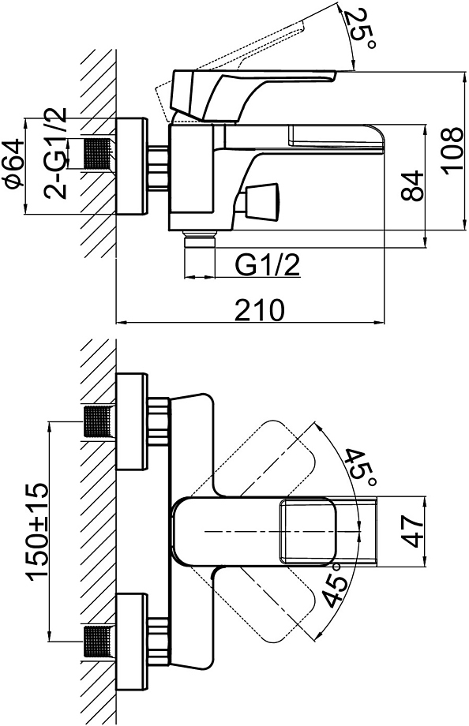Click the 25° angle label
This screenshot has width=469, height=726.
(359, 28)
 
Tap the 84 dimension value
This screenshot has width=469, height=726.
(412, 185)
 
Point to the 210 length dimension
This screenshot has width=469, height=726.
(259, 310)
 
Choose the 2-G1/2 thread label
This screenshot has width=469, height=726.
(55, 153)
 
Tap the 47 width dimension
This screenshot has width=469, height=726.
(412, 533)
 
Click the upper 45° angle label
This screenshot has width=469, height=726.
(359, 469)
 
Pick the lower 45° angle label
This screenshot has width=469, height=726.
(336, 584)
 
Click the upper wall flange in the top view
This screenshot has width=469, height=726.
(132, 421)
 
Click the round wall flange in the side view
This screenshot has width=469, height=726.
(132, 167)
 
